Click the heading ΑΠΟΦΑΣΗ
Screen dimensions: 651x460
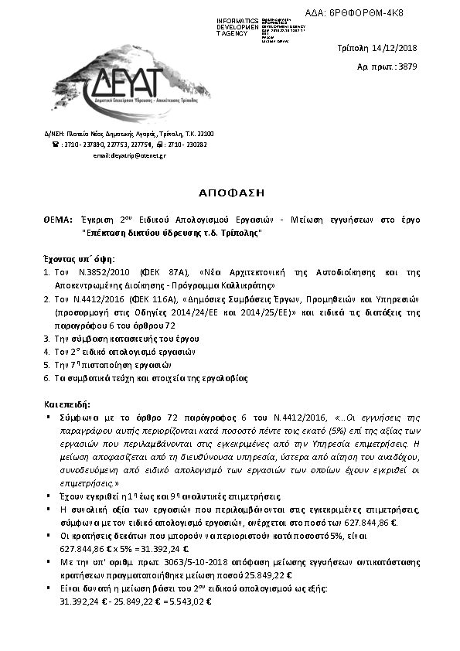pyautogui.click(x=231, y=190)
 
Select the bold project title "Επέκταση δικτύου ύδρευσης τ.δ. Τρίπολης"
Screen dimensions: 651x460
pyautogui.click(x=172, y=233)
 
